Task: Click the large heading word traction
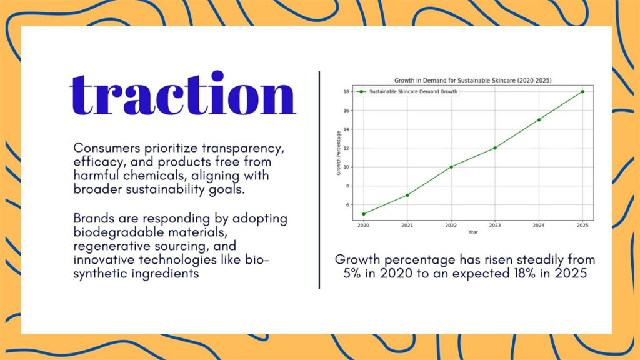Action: pyautogui.click(x=183, y=94)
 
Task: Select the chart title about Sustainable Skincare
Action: pyautogui.click(x=472, y=81)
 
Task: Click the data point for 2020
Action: pyautogui.click(x=364, y=214)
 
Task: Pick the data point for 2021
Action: pyautogui.click(x=407, y=195)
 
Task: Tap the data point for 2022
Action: pyautogui.click(x=451, y=167)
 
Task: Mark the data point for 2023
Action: pyautogui.click(x=495, y=147)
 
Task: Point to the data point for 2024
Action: pyautogui.click(x=539, y=119)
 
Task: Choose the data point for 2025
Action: pyautogui.click(x=582, y=91)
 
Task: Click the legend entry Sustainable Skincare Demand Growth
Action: pyautogui.click(x=407, y=91)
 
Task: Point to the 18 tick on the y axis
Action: pyautogui.click(x=346, y=91)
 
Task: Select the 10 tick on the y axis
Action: pyautogui.click(x=346, y=167)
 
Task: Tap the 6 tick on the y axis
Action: pyautogui.click(x=347, y=205)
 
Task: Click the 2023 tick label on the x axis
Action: pyautogui.click(x=495, y=225)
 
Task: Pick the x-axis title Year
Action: pyautogui.click(x=472, y=232)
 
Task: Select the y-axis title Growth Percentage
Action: pyautogui.click(x=338, y=153)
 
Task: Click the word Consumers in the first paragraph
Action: pyautogui.click(x=107, y=147)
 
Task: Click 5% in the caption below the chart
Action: pyautogui.click(x=352, y=273)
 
